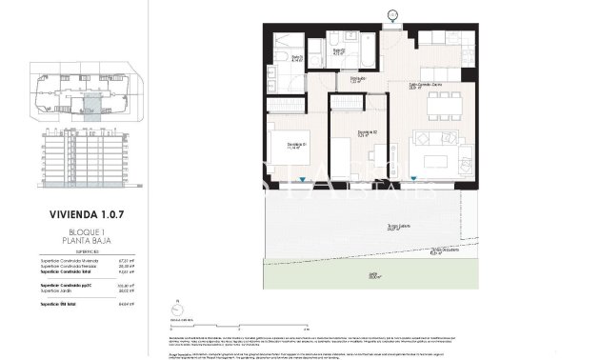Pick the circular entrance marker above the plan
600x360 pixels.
tap(392, 14)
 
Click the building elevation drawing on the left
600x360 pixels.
tap(85, 160)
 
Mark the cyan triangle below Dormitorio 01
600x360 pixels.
tap(302, 179)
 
